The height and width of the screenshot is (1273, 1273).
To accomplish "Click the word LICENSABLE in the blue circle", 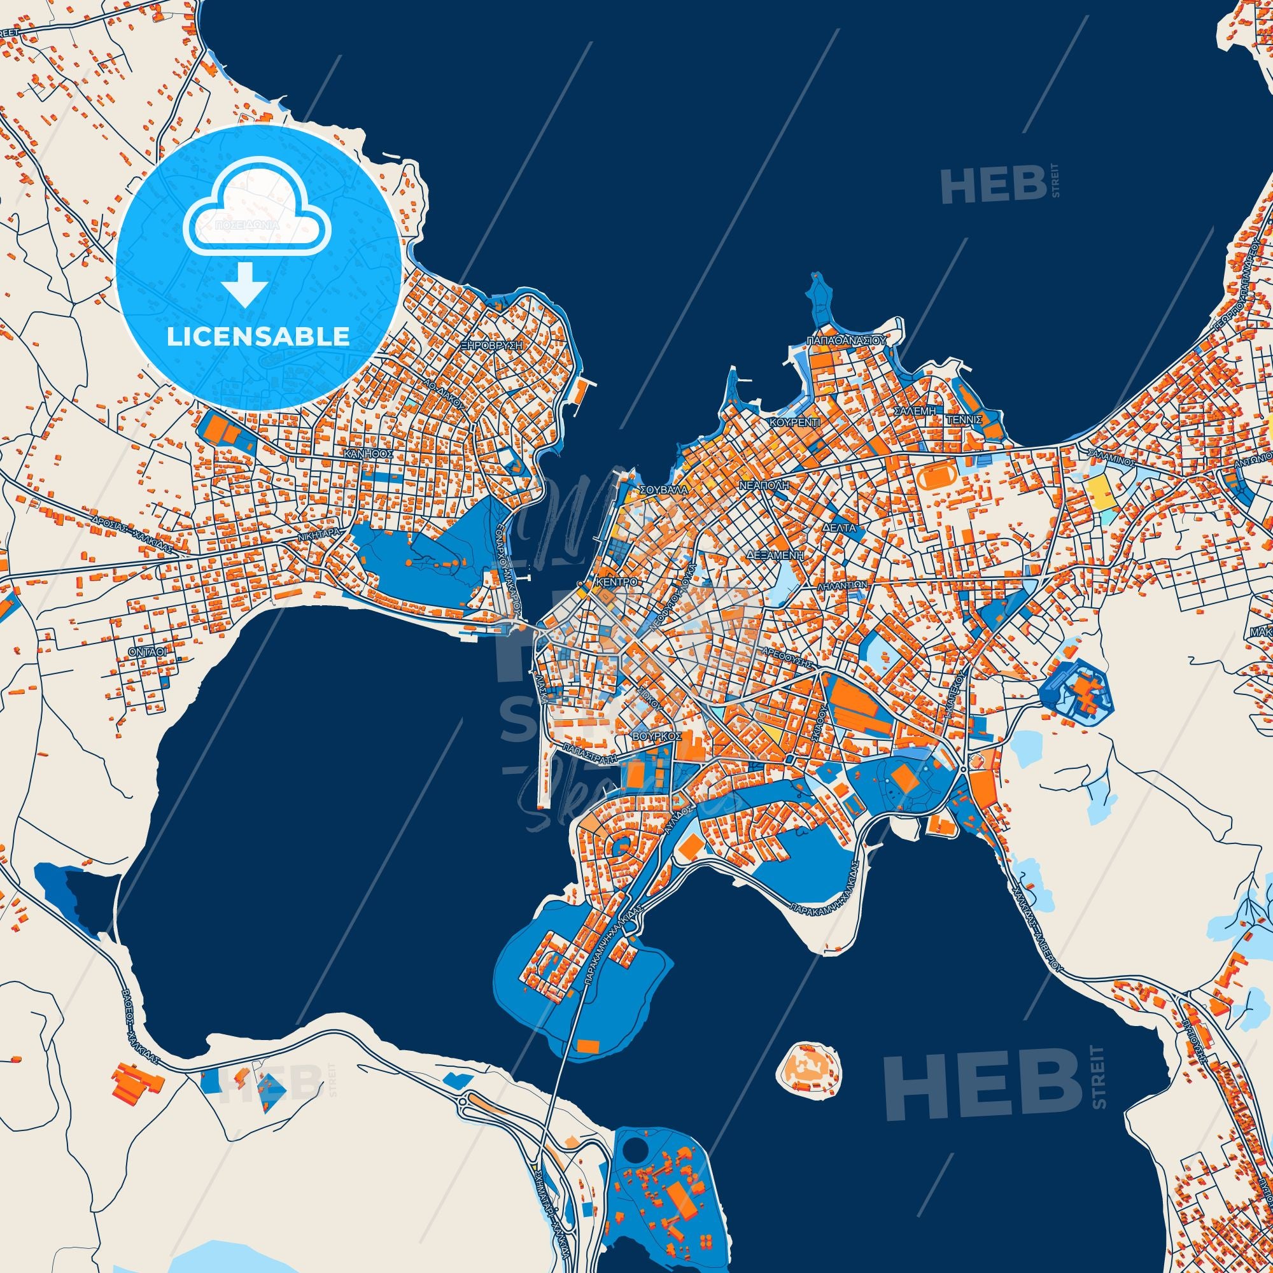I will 258,337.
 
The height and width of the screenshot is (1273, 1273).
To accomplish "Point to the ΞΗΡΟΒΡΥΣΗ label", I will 491,345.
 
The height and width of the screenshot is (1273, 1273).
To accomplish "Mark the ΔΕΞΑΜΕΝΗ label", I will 775,556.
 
